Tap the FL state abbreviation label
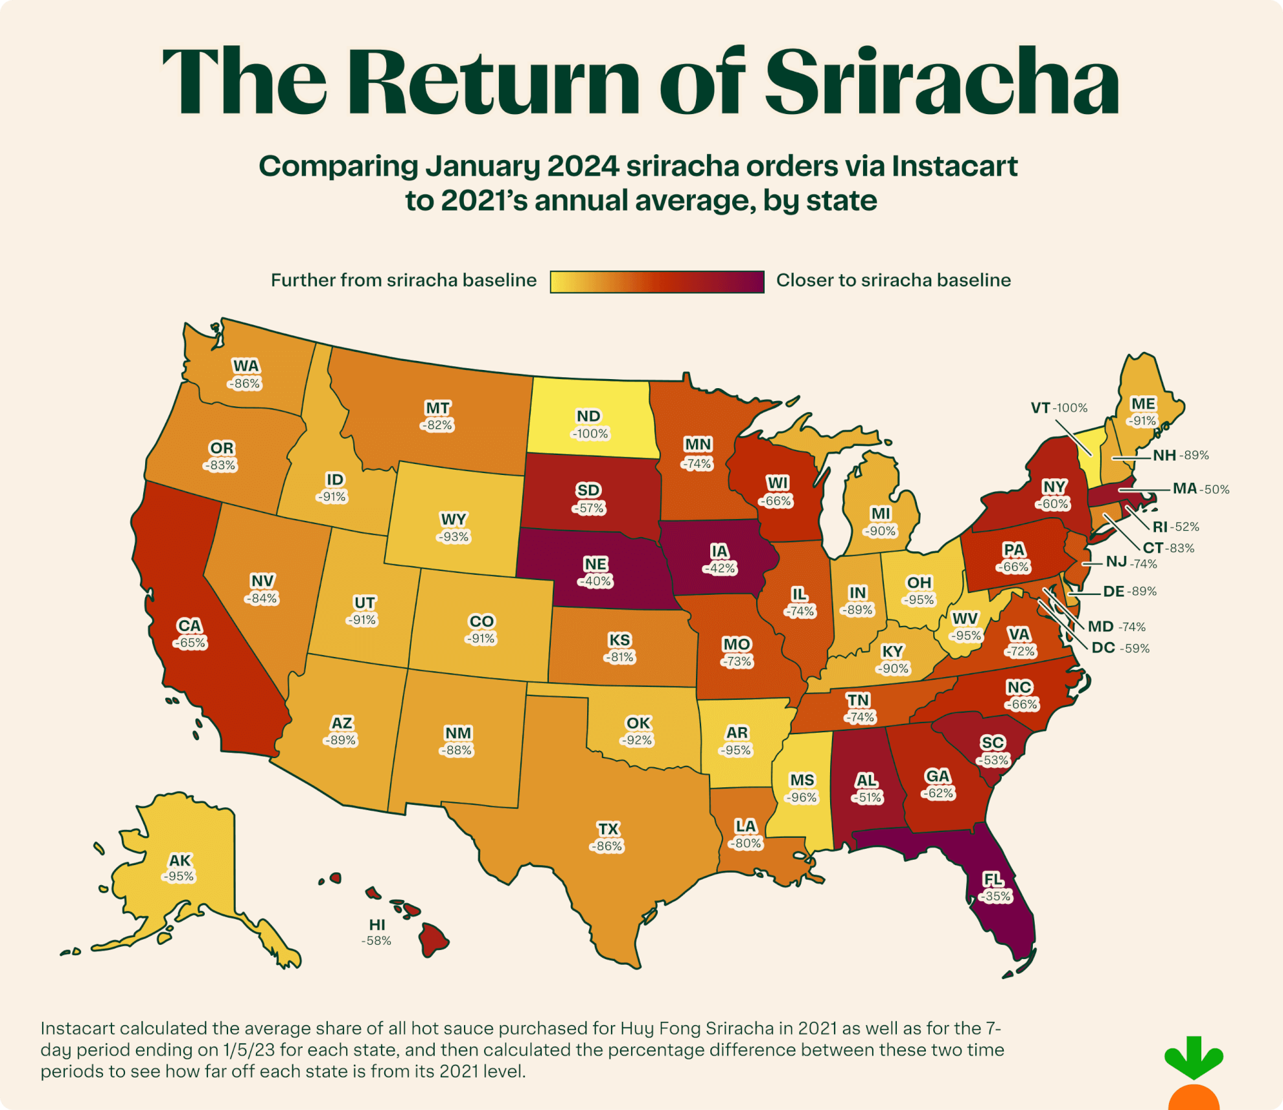[993, 879]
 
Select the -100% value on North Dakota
[590, 434]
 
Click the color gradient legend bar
[657, 282]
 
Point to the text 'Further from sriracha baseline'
[403, 281]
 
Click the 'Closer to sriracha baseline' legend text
[893, 281]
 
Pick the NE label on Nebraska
[595, 564]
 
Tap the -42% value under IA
[719, 568]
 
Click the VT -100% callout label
[1059, 408]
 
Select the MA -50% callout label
[1200, 489]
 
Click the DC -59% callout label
[1120, 648]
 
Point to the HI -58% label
[376, 932]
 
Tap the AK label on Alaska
[179, 860]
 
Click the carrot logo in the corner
[1194, 1076]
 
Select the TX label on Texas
[608, 829]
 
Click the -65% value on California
[190, 643]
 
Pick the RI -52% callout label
[1175, 526]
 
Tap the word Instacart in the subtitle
[954, 167]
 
